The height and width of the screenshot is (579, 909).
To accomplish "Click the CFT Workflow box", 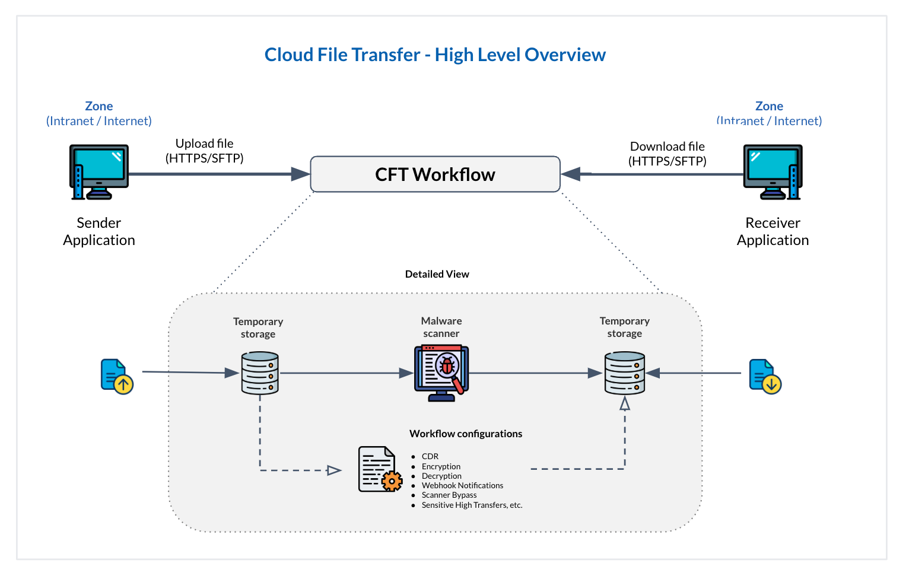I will pyautogui.click(x=435, y=174).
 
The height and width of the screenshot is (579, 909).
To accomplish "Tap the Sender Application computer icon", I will pyautogui.click(x=98, y=171).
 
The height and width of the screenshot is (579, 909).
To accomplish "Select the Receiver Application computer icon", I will pyautogui.click(x=773, y=171).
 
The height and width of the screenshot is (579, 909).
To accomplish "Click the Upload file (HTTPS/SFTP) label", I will pyautogui.click(x=204, y=151).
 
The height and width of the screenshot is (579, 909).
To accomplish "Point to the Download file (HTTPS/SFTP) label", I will pyautogui.click(x=667, y=154).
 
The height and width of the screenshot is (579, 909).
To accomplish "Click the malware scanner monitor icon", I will pyautogui.click(x=441, y=373).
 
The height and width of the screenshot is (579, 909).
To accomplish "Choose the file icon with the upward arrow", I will pyautogui.click(x=117, y=376).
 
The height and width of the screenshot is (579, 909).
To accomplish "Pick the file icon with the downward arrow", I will pyautogui.click(x=765, y=376).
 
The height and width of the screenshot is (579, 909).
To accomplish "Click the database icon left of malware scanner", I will pyautogui.click(x=260, y=373).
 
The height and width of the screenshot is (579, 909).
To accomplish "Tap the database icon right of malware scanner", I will pyautogui.click(x=624, y=373).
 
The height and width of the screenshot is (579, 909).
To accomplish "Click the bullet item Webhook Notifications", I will pyautogui.click(x=462, y=485).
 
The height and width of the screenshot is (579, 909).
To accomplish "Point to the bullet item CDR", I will pyautogui.click(x=430, y=456).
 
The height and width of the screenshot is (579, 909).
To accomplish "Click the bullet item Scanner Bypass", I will pyautogui.click(x=449, y=495).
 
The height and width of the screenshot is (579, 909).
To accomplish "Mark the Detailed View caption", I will pyautogui.click(x=437, y=274).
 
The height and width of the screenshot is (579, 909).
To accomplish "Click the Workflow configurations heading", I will pyautogui.click(x=465, y=434).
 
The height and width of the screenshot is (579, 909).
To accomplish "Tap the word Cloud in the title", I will pyautogui.click(x=288, y=55).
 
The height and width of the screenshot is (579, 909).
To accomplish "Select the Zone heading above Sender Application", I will pyautogui.click(x=98, y=106).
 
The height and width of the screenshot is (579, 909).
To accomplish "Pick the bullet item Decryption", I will pyautogui.click(x=441, y=476).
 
